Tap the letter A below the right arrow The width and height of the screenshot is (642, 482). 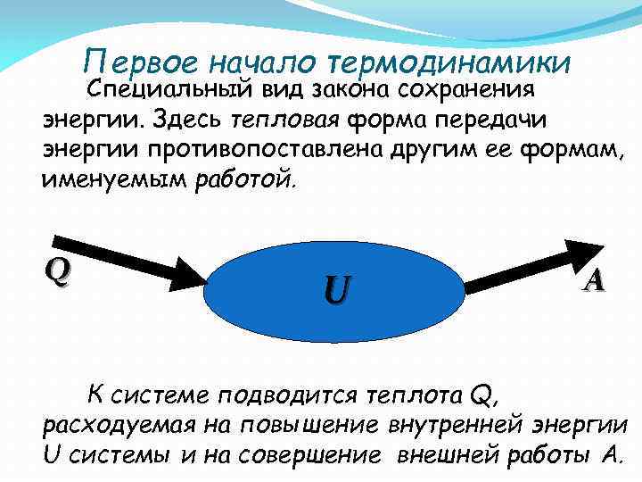coord(594,280)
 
